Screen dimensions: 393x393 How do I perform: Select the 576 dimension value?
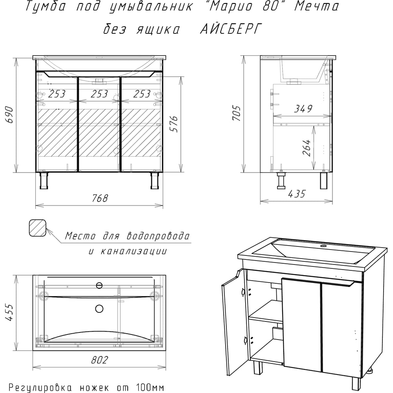point(174,124)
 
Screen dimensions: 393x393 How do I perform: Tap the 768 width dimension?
point(100,198)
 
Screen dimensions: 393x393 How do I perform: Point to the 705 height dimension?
point(237,114)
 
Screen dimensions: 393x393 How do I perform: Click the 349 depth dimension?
point(303,109)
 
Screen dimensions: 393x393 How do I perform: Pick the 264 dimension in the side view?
point(307,148)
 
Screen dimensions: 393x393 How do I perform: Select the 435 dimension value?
point(297,194)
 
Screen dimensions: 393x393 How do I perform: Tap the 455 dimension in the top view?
point(9,312)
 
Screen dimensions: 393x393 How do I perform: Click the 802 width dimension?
point(99,360)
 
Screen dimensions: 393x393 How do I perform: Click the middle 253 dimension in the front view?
point(99,94)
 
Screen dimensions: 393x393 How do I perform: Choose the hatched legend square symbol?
point(38,228)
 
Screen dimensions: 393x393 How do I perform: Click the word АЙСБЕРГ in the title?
point(231,29)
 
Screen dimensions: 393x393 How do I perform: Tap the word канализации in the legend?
point(134,251)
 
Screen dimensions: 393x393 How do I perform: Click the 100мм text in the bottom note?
point(150,388)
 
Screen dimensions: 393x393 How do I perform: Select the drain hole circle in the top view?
point(99,309)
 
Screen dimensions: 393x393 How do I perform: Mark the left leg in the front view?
point(44,180)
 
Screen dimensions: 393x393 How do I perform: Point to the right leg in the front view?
point(155,180)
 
